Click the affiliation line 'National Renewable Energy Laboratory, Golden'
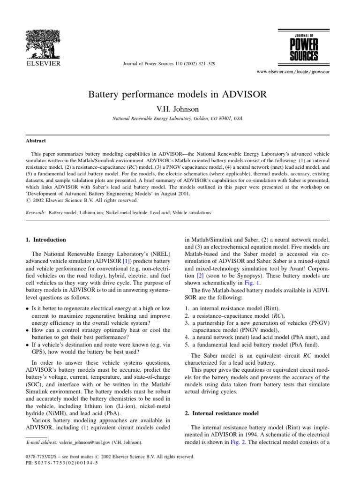coord(178,119)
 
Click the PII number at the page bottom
coord(55,462)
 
